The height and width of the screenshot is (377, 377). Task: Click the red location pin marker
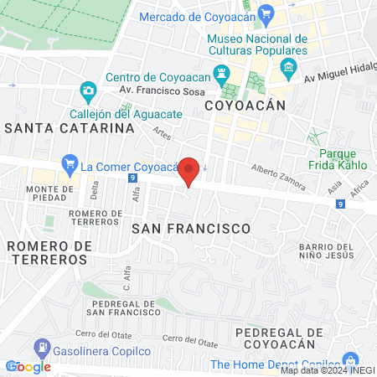click(x=189, y=171)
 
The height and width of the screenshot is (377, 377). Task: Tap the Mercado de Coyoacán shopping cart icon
click(x=266, y=13)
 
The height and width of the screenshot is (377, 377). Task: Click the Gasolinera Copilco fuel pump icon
click(x=39, y=346)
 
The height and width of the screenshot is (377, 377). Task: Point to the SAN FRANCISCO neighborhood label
click(x=191, y=228)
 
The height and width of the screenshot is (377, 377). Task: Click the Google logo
click(x=28, y=366)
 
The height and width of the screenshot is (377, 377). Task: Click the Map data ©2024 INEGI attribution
click(x=328, y=370)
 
